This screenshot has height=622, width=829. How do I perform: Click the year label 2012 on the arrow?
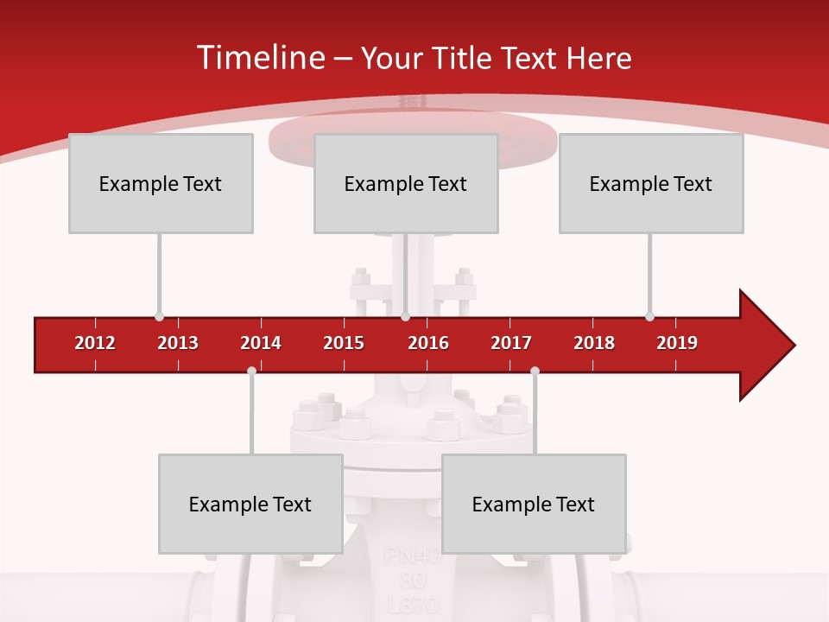[95, 343]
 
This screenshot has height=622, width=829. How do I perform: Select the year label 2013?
[178, 343]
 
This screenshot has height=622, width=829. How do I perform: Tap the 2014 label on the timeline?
[261, 343]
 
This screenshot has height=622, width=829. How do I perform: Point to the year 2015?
[344, 343]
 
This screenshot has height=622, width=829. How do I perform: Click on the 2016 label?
[428, 343]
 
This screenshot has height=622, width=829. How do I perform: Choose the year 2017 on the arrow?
[511, 343]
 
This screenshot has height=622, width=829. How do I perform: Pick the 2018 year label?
[594, 343]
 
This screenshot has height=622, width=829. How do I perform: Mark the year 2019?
[677, 343]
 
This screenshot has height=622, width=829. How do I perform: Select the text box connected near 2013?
[161, 183]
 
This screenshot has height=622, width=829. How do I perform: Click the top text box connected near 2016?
[406, 183]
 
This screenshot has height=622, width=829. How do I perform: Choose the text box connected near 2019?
[651, 183]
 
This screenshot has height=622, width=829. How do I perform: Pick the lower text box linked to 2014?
[250, 504]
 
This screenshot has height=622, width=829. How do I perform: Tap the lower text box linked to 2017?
[534, 504]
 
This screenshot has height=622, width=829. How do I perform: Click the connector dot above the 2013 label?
[159, 317]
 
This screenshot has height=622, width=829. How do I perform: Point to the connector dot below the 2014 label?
[251, 371]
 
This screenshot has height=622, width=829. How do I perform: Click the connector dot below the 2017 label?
[535, 371]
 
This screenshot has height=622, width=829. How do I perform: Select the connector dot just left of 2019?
[649, 317]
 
